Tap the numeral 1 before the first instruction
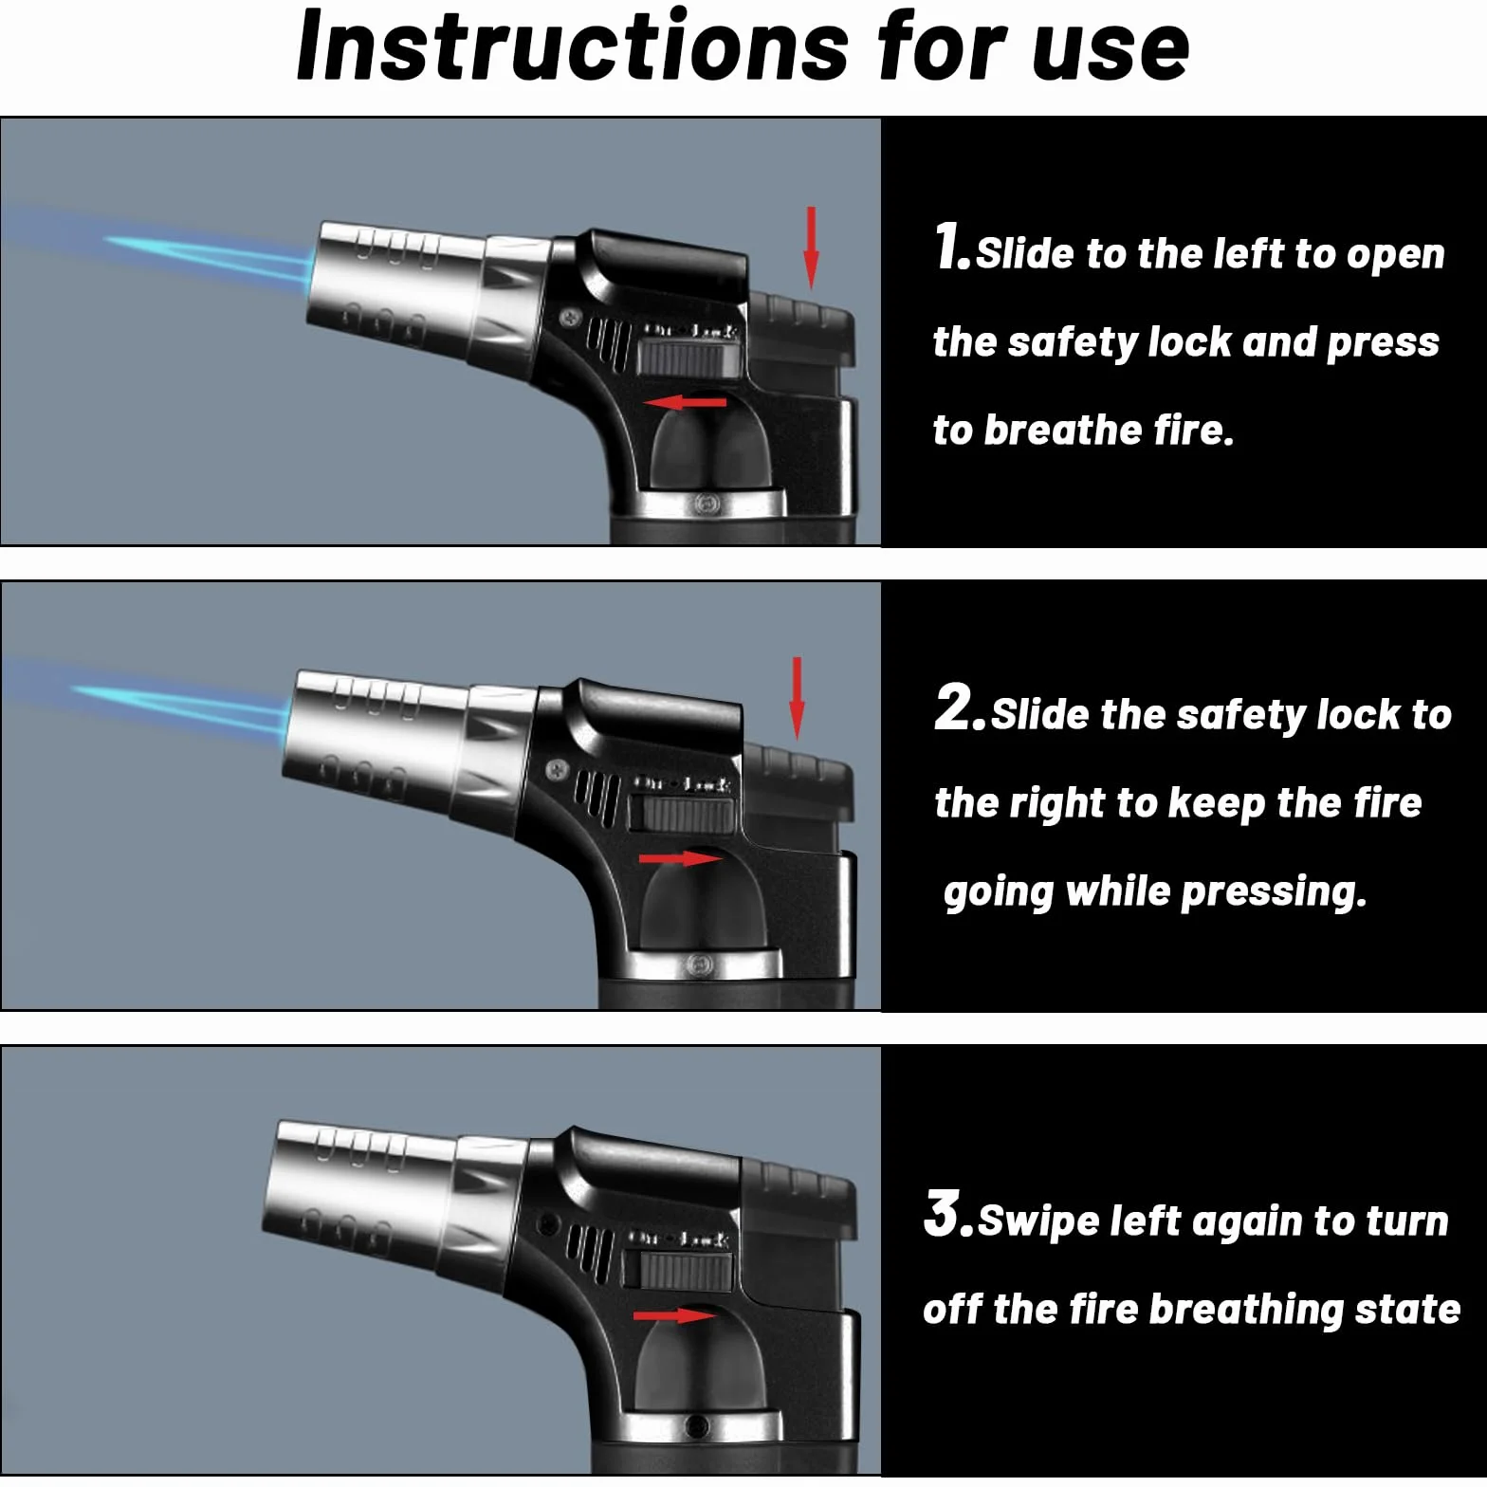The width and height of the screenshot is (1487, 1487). point(949,247)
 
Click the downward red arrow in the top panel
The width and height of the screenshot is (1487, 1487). point(811,248)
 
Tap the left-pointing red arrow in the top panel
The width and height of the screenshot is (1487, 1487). point(685,403)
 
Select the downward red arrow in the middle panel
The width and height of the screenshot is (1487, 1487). point(797,698)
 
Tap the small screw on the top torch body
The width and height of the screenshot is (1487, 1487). point(570,317)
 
